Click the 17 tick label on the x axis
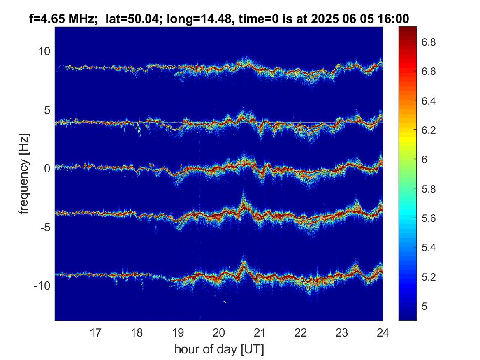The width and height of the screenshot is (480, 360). [95, 332]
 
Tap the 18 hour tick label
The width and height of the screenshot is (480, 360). [137, 332]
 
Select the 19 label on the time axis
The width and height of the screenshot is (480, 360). [178, 332]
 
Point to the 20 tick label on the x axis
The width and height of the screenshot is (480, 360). [219, 332]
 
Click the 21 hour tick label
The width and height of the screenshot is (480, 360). [260, 332]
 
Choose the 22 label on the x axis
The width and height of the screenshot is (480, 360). [301, 332]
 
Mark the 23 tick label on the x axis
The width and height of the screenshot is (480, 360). [342, 332]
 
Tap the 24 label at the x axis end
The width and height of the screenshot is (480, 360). [383, 332]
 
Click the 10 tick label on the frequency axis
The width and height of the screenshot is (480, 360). [44, 51]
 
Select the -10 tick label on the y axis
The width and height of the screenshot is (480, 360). [42, 286]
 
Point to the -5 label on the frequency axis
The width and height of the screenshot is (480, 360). [45, 227]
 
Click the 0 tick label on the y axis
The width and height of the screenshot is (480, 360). [47, 168]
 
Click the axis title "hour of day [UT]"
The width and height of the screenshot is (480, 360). [219, 349]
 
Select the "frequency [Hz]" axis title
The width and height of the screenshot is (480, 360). [24, 174]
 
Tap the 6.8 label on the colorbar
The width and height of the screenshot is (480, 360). [429, 42]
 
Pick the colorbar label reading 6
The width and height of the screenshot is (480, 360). [424, 160]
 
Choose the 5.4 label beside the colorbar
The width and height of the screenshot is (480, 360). [429, 248]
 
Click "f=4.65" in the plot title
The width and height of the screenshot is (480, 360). [46, 19]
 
